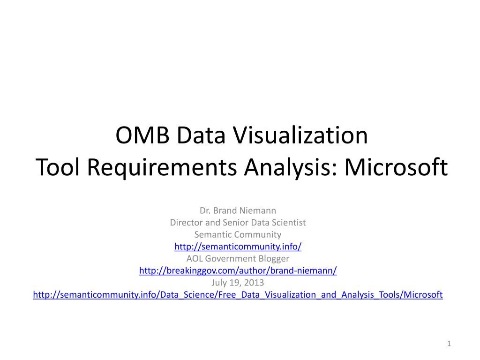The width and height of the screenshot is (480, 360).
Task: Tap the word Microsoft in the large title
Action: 396,168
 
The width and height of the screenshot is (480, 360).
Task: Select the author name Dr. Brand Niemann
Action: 238,210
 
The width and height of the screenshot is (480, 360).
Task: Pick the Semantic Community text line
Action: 238,234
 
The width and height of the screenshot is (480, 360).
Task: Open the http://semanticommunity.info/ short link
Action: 238,247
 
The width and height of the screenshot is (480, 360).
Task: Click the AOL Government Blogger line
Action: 238,259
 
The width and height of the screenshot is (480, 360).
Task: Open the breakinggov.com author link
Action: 238,271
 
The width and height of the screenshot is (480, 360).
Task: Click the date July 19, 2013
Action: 238,283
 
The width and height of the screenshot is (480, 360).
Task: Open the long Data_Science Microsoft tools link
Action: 238,295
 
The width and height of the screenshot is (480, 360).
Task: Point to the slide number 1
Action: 449,345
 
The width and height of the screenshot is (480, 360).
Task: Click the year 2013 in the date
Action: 255,283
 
